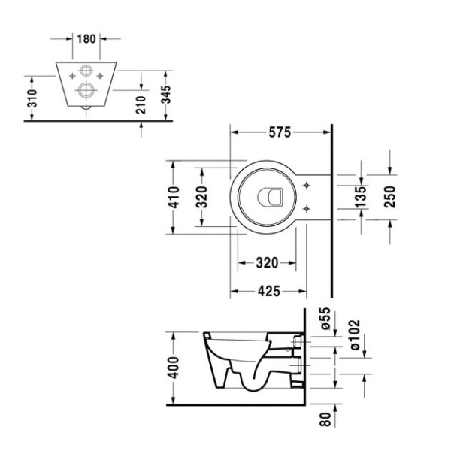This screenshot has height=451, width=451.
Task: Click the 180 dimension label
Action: (x=86, y=38)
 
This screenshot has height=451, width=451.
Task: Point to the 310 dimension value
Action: (x=32, y=98)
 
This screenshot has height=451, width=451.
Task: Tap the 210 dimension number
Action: (x=141, y=104)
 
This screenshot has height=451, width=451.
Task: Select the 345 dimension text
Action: (x=165, y=95)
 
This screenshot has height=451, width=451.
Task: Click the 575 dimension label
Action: (x=280, y=132)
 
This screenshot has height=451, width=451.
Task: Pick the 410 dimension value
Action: (x=174, y=197)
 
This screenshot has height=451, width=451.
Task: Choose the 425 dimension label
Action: (x=268, y=291)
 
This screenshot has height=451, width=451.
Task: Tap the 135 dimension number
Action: (x=361, y=197)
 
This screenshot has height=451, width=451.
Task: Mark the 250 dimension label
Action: (x=390, y=197)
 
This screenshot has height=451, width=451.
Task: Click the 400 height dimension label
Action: (x=174, y=368)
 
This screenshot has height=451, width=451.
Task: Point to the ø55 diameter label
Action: (x=325, y=318)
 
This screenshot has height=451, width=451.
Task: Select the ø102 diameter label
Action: (x=355, y=334)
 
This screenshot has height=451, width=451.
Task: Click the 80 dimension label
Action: (x=325, y=419)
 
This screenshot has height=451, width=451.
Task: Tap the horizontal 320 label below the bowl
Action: (x=267, y=263)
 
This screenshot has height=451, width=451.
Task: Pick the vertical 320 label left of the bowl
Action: (x=201, y=197)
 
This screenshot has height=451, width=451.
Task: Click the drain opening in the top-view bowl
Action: (x=270, y=197)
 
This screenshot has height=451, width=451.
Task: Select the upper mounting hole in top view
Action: (x=307, y=186)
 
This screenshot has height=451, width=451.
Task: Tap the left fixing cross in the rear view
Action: (x=72, y=76)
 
